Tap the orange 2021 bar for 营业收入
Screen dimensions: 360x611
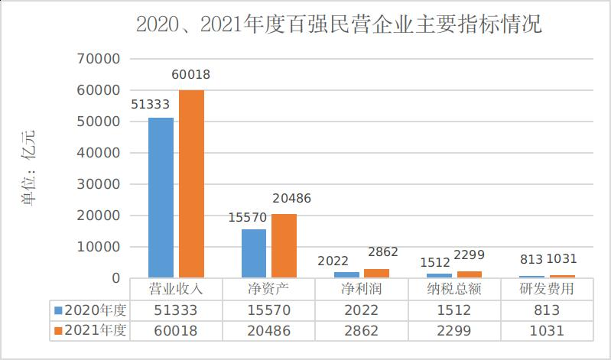(x=192, y=183)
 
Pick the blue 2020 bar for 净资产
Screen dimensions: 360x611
(x=254, y=253)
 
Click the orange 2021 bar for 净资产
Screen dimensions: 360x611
(x=284, y=245)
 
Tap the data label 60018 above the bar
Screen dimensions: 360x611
(x=191, y=75)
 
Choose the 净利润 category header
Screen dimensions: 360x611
(x=361, y=290)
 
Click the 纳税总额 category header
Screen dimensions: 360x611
(x=454, y=290)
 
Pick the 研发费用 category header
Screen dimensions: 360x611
(x=548, y=290)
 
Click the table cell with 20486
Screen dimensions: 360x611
(x=268, y=331)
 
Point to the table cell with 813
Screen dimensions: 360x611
(x=548, y=310)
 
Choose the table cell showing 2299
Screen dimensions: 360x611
(x=454, y=331)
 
